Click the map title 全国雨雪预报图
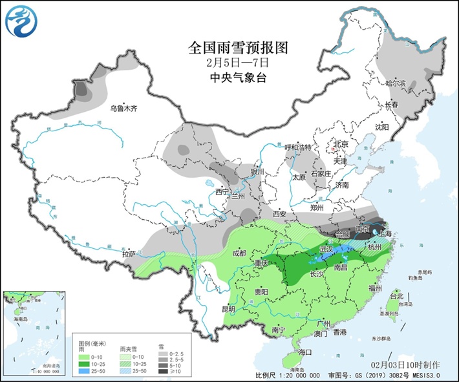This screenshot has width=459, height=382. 229,48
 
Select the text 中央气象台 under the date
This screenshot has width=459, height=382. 229,78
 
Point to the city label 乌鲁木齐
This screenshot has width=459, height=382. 123,109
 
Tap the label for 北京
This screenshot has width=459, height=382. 340,144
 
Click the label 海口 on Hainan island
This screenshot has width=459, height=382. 304,352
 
